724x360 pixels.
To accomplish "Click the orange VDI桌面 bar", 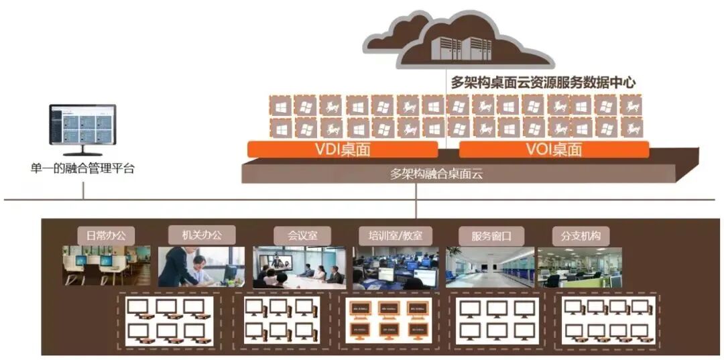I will (342, 149).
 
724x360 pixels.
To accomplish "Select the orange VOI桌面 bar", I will (554, 149).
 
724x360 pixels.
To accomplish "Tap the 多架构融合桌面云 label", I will (436, 174).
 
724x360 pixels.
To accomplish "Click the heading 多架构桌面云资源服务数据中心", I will (542, 82).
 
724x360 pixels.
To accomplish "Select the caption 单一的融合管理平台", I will (82, 168).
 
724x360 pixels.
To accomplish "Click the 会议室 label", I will (300, 235).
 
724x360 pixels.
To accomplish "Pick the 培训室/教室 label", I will (396, 235).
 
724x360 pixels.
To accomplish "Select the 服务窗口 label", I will (491, 236).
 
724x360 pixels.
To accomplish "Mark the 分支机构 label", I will (581, 236).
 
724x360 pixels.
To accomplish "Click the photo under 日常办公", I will (107, 265).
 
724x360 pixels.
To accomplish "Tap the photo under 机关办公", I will (201, 266).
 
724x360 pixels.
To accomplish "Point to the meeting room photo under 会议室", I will (299, 267).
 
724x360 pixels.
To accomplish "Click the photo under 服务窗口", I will (490, 267).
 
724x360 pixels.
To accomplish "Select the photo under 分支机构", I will (580, 267).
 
